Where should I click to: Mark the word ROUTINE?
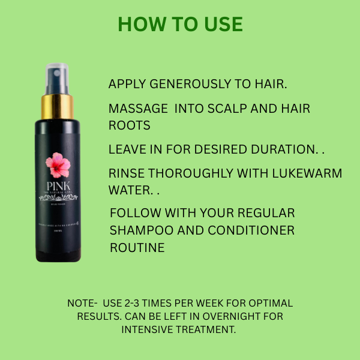pyautogui.click(x=137, y=247)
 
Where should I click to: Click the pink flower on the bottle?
pyautogui.click(x=58, y=163)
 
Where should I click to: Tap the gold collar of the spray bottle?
pyautogui.click(x=58, y=107)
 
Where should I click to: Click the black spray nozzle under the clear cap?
pyautogui.click(x=57, y=84)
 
